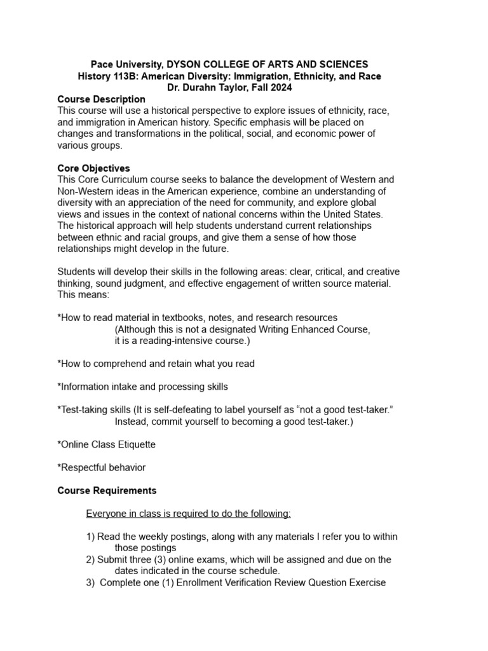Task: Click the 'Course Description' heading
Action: point(101,99)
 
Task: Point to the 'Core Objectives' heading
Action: point(93,168)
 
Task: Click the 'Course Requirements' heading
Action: point(107,491)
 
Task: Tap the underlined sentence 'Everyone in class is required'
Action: point(188,514)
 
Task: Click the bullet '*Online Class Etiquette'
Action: point(106,444)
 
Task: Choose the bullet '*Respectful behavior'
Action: point(101,467)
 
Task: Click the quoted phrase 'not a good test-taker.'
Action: point(342,410)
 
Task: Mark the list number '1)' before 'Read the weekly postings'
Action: point(90,537)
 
